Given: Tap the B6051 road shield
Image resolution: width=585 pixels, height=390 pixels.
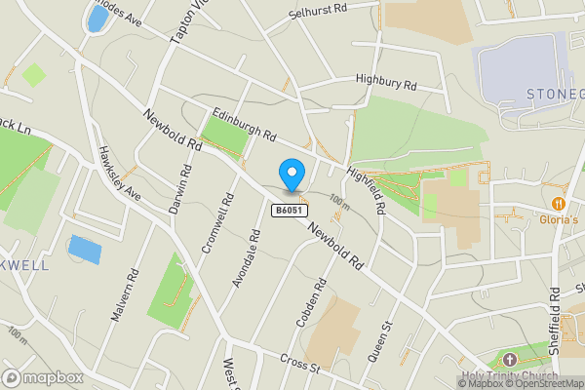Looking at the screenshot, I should (x=288, y=210).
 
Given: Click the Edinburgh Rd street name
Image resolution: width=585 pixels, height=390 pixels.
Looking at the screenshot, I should (x=244, y=124).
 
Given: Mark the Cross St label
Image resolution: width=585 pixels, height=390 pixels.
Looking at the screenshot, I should (x=298, y=365).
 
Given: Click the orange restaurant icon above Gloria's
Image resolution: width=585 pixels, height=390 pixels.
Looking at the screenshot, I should (x=558, y=204).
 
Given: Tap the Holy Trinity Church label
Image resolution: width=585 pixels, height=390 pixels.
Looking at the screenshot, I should (x=510, y=376).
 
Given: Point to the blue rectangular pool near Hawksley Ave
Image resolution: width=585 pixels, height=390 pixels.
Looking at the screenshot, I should (x=85, y=249).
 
